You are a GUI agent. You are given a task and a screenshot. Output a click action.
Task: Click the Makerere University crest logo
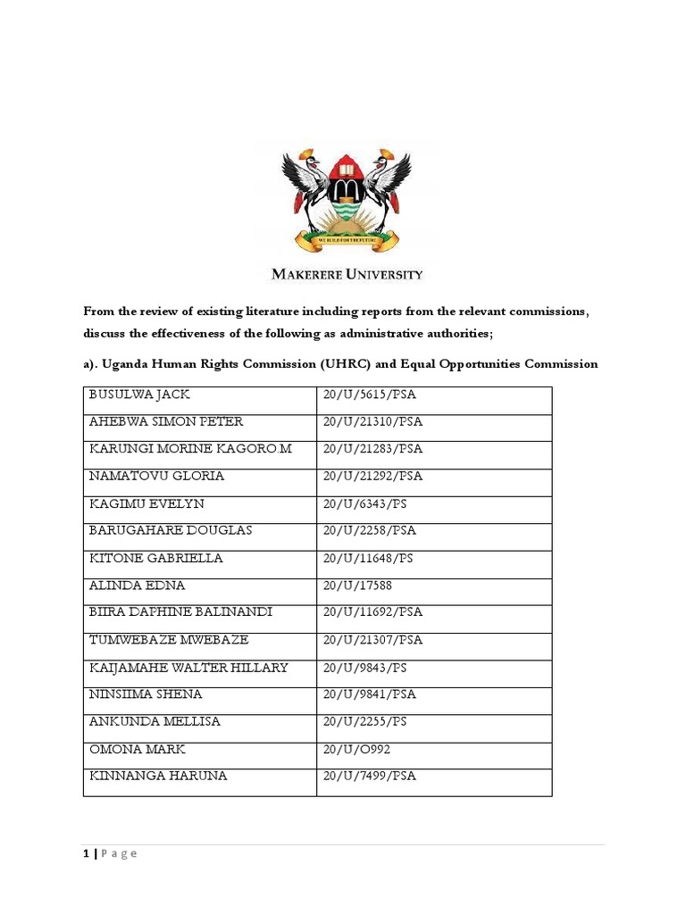click(346, 196)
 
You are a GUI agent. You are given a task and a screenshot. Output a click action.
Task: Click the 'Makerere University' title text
click(346, 275)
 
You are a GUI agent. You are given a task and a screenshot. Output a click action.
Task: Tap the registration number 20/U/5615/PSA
click(372, 394)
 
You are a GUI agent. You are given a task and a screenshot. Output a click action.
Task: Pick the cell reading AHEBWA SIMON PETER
click(166, 421)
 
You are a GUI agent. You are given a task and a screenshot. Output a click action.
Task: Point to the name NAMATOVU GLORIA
click(156, 476)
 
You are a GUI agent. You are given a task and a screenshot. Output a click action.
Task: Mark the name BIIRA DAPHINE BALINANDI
click(180, 612)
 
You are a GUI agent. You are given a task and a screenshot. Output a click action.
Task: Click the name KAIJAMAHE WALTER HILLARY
click(188, 668)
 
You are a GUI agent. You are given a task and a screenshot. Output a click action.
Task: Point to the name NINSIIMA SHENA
click(146, 694)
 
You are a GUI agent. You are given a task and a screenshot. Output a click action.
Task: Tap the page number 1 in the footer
click(87, 854)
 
